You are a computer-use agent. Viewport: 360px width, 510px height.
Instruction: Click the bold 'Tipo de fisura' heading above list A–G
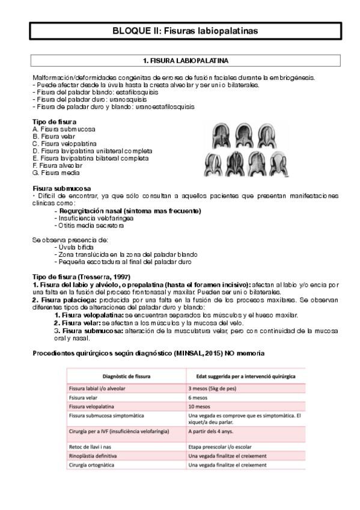(54, 122)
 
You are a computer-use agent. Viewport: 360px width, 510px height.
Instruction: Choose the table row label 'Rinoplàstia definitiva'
(97, 456)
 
